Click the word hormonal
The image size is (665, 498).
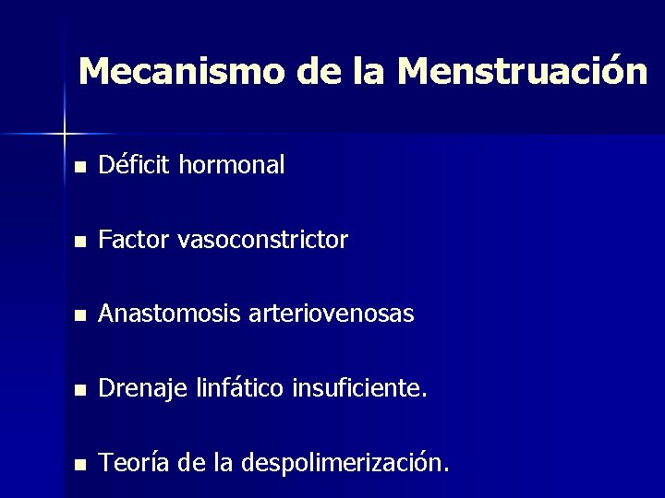pyautogui.click(x=232, y=166)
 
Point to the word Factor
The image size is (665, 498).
pyautogui.click(x=134, y=241)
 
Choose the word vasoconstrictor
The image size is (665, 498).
pyautogui.click(x=262, y=241)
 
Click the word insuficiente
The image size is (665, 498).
pyautogui.click(x=359, y=389)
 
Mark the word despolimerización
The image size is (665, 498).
pyautogui.click(x=345, y=463)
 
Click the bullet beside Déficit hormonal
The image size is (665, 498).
pyautogui.click(x=81, y=168)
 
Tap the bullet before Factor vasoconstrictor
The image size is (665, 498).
pyautogui.click(x=81, y=243)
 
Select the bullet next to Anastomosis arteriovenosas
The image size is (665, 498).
pyautogui.click(x=81, y=316)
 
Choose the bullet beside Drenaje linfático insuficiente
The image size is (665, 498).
pyautogui.click(x=81, y=391)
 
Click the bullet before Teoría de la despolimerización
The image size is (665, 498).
pyautogui.click(x=81, y=465)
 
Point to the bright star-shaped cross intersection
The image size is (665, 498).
pyautogui.click(x=65, y=134)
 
